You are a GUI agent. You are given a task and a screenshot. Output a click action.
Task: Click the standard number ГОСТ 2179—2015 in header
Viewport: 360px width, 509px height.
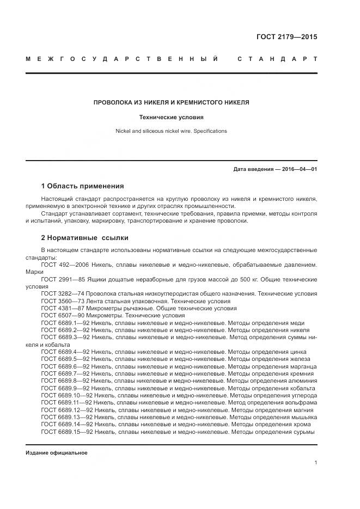286,37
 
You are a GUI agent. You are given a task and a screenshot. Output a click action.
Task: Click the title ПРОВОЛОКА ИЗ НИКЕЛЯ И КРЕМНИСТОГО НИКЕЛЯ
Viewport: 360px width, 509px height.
172,102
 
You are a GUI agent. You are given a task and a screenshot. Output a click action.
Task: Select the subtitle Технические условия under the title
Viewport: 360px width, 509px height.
172,116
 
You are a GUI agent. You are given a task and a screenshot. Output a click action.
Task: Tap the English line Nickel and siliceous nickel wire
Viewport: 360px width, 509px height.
171,131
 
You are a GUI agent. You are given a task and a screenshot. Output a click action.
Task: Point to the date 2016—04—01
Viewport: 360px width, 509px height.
298,169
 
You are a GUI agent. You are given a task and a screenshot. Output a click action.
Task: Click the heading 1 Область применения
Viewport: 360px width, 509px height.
82,186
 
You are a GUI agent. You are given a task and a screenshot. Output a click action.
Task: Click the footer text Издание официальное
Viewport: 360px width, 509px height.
57,453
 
